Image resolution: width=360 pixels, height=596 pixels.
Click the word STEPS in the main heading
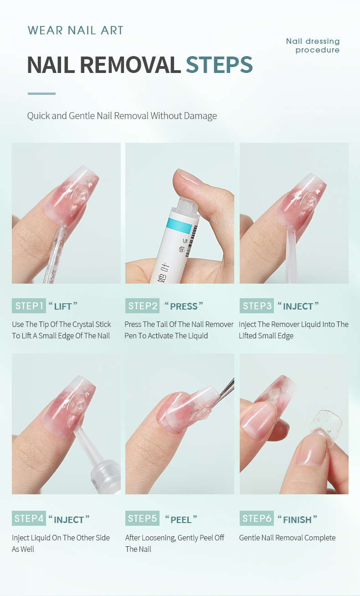click(219, 65)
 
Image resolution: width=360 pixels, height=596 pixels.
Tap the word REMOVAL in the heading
click(130, 65)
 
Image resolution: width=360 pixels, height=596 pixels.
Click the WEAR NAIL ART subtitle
click(75, 31)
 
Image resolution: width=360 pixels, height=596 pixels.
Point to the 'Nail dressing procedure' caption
click(313, 46)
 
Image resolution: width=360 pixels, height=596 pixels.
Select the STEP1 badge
click(29, 306)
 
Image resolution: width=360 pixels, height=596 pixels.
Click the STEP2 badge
click(142, 306)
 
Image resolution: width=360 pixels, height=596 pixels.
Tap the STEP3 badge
click(257, 306)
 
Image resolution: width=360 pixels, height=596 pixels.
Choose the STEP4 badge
click(29, 518)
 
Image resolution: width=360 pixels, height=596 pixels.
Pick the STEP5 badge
click(142, 518)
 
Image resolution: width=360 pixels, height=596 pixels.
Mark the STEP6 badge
click(257, 518)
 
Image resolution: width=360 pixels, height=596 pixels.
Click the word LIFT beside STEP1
click(63, 306)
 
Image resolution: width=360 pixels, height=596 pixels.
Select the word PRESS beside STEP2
click(184, 306)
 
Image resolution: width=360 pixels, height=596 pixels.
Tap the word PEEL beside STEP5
click(181, 519)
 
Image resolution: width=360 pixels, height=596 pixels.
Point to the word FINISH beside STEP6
click(297, 519)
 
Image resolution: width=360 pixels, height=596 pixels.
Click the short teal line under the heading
click(41, 93)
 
